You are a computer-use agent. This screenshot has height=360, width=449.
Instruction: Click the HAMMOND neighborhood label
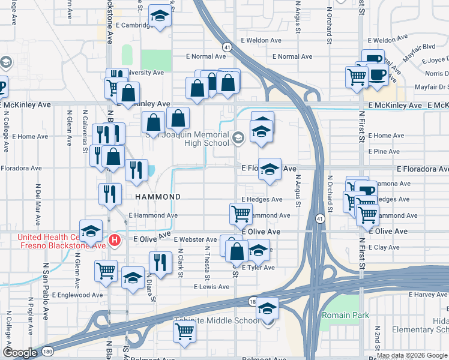pyautogui.click(x=158, y=197)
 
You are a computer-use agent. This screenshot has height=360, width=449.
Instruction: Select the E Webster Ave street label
pyautogui.click(x=195, y=239)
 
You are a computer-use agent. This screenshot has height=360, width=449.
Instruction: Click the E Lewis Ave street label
pyautogui.click(x=211, y=287)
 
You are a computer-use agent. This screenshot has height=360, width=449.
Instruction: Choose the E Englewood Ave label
pyautogui.click(x=81, y=295)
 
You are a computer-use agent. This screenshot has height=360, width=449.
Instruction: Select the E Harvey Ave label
pyautogui.click(x=428, y=295)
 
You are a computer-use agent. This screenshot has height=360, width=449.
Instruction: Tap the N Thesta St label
pyautogui.click(x=207, y=263)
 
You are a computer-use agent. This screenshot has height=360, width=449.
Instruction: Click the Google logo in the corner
pyautogui.click(x=20, y=353)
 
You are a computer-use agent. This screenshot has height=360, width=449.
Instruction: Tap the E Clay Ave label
pyautogui.click(x=385, y=247)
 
